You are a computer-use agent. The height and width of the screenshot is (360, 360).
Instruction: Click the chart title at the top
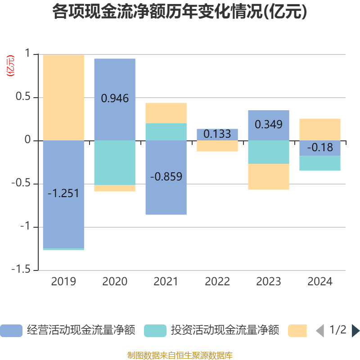pyautogui.click(x=180, y=12)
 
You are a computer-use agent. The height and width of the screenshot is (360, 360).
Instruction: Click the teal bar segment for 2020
pyautogui.click(x=115, y=162)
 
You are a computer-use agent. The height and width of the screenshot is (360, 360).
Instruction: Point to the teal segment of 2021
pyautogui.click(x=166, y=132)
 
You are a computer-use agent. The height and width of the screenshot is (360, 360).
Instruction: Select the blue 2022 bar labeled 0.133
pyautogui.click(x=217, y=135)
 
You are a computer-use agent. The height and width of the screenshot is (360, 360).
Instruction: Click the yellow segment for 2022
pyautogui.click(x=217, y=146)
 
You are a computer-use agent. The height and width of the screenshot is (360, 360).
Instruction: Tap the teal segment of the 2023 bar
pyautogui.click(x=269, y=152)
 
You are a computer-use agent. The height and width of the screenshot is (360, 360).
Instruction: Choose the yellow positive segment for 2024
pyautogui.click(x=320, y=129)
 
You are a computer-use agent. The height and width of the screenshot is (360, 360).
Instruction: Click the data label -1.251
pyautogui.click(x=63, y=193)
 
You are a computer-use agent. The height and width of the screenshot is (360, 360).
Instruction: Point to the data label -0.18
pyautogui.click(x=320, y=148)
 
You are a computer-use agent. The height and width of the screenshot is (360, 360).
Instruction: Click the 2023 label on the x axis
pyautogui.click(x=269, y=282)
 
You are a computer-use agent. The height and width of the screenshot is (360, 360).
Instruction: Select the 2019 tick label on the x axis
pyautogui.click(x=63, y=282)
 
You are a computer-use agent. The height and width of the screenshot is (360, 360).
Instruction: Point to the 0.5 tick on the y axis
pyautogui.click(x=22, y=98)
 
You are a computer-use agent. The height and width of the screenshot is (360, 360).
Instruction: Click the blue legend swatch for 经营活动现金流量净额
pyautogui.click(x=11, y=331)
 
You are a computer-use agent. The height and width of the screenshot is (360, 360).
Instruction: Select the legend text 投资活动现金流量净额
pyautogui.click(x=225, y=331)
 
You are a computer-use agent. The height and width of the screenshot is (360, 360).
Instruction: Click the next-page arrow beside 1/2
pyautogui.click(x=355, y=331)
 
